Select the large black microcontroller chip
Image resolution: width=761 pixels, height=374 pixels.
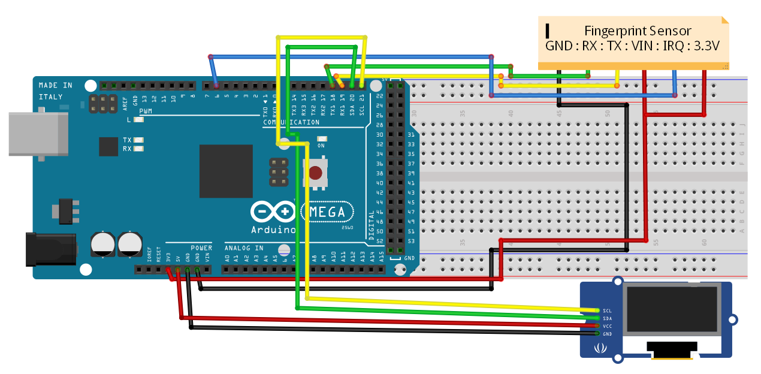[x=226, y=171]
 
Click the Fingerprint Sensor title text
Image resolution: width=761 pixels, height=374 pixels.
[x=638, y=31]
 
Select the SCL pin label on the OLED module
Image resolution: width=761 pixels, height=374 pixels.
[x=607, y=310]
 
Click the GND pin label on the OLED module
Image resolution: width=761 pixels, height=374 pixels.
[x=607, y=333]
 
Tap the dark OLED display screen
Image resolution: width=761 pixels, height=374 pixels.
[x=671, y=309]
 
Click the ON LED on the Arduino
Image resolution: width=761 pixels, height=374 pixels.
[x=321, y=139]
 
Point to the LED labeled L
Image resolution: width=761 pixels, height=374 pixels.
[x=139, y=119]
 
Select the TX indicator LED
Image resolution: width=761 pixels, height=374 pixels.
[x=139, y=140]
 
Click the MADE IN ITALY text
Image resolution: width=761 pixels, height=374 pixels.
[x=55, y=91]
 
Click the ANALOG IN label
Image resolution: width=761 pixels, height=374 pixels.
[x=244, y=248]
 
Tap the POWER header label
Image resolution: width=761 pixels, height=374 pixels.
[x=201, y=248]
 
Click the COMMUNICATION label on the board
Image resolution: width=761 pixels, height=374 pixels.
[x=291, y=122]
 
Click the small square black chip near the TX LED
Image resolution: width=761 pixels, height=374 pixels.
[x=108, y=147]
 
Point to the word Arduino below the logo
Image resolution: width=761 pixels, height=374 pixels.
[x=273, y=230]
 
